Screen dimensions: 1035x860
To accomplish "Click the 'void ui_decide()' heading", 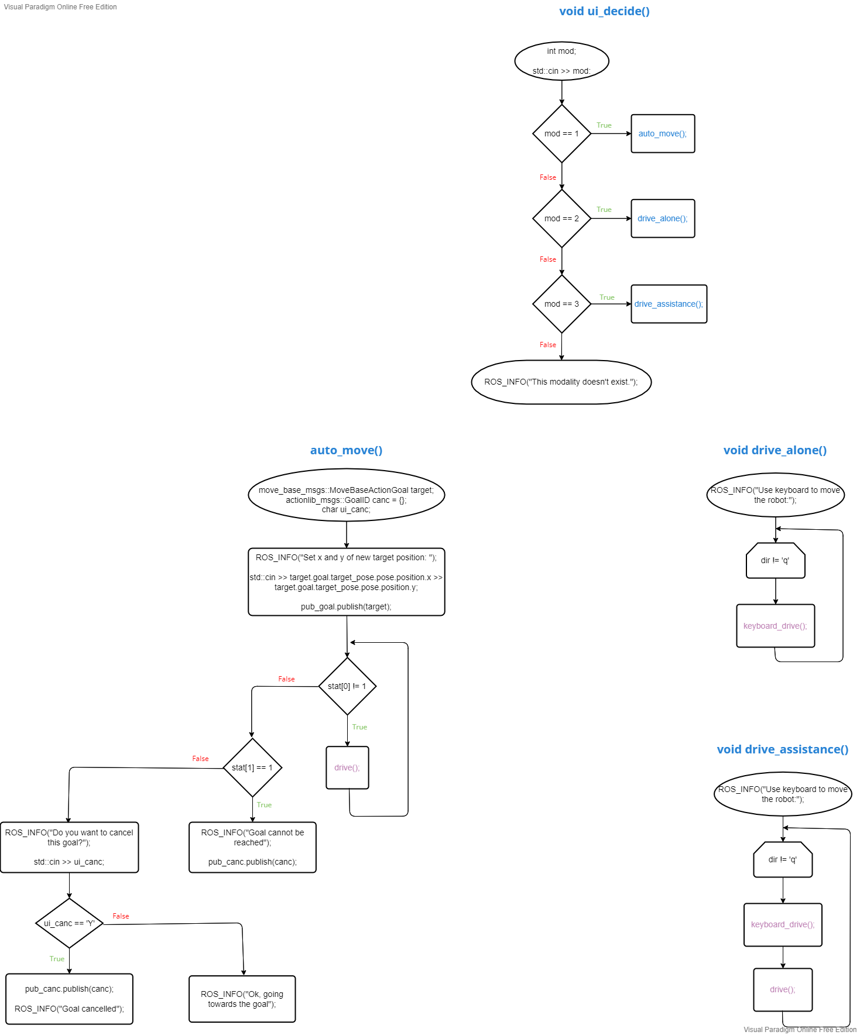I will pyautogui.click(x=604, y=11).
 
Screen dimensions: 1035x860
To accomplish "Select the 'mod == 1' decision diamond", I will pyautogui.click(x=561, y=133).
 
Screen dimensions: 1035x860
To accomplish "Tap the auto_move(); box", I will pyautogui.click(x=663, y=133).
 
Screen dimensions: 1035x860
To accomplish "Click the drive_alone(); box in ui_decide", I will pyautogui.click(x=663, y=218).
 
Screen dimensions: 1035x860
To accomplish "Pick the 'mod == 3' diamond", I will pyautogui.click(x=561, y=304).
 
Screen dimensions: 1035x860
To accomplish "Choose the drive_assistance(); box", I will pyautogui.click(x=669, y=304).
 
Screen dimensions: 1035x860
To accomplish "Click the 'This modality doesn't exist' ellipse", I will pyautogui.click(x=561, y=382).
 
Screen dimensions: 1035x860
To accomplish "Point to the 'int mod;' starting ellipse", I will pyautogui.click(x=561, y=61).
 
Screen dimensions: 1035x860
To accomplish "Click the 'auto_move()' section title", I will pyautogui.click(x=346, y=450).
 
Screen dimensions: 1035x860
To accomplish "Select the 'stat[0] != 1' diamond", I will pyautogui.click(x=347, y=686).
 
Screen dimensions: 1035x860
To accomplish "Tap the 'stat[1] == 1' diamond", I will pyautogui.click(x=252, y=767).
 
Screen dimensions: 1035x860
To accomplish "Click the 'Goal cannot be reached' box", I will pyautogui.click(x=252, y=847).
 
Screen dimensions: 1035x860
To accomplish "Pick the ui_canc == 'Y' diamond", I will pyautogui.click(x=69, y=923).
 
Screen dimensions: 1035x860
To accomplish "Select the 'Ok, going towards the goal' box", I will pyautogui.click(x=242, y=999).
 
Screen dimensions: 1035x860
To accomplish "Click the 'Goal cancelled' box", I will pyautogui.click(x=69, y=999).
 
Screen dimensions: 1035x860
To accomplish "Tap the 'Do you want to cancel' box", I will pyautogui.click(x=69, y=847).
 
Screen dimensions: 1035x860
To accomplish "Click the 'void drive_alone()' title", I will pyautogui.click(x=775, y=450).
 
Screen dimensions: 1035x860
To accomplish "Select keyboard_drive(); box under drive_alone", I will pyautogui.click(x=775, y=626).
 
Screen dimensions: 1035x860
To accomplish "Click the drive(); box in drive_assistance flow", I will pyautogui.click(x=782, y=989).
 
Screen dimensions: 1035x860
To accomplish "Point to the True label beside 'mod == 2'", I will pyautogui.click(x=604, y=210).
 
